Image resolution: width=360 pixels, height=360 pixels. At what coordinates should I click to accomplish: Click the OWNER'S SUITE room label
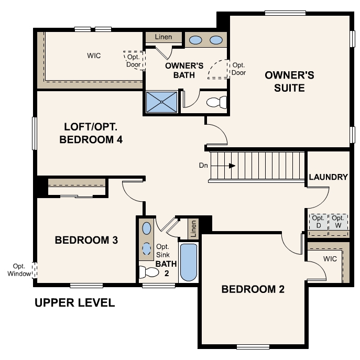click(289, 81)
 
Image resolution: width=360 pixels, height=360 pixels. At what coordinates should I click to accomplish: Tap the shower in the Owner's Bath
click(161, 102)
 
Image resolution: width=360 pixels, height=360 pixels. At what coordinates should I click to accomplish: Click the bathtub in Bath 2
click(189, 262)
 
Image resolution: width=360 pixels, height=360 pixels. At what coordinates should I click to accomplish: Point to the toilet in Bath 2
click(150, 272)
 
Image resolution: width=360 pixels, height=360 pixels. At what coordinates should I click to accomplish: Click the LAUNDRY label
click(328, 177)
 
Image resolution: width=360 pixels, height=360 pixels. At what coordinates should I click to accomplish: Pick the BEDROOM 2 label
click(253, 289)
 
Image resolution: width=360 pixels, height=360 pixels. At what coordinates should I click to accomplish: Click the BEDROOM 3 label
click(86, 240)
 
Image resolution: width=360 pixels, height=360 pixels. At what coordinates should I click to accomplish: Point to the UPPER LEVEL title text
click(74, 303)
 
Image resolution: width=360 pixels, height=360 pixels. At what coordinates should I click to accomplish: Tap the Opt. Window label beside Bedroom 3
click(19, 270)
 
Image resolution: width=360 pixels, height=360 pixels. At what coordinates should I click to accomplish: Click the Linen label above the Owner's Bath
click(163, 37)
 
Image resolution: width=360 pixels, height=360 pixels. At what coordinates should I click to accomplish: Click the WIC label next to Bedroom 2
click(330, 259)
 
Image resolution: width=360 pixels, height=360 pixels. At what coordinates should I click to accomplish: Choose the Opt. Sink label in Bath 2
click(163, 250)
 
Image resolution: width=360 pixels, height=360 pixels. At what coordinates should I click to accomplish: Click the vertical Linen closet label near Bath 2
click(193, 227)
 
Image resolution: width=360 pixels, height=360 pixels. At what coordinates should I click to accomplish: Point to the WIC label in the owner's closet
click(94, 55)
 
